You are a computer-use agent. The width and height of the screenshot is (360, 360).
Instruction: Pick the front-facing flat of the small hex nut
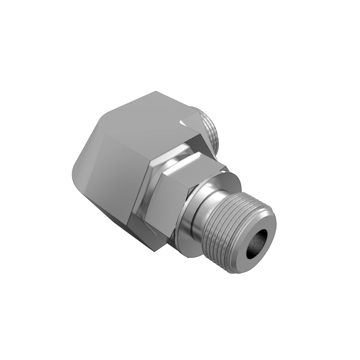point(168,204)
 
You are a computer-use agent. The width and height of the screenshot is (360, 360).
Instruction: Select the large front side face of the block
point(120,180)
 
